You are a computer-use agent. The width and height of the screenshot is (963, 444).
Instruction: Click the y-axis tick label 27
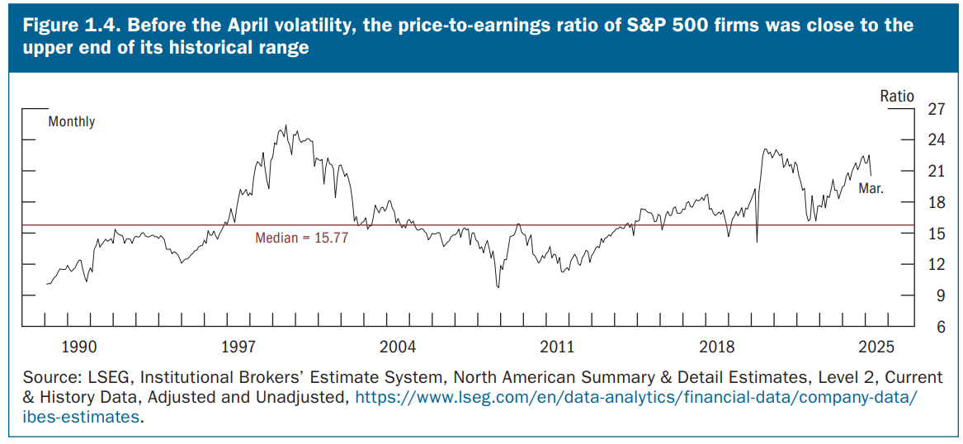click(936, 109)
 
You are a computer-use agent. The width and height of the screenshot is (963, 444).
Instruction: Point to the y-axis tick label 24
click(936, 139)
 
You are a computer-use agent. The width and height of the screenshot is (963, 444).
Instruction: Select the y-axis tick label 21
click(936, 171)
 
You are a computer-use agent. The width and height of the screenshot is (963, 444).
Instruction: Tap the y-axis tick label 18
click(936, 202)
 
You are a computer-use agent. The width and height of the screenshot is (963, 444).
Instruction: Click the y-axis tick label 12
click(936, 264)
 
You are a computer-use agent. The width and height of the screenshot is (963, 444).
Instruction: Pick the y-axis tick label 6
click(939, 327)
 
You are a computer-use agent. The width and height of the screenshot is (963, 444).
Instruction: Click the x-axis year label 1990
click(80, 345)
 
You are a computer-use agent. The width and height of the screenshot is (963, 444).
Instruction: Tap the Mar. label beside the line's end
click(871, 188)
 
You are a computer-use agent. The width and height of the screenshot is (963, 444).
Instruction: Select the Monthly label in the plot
click(72, 121)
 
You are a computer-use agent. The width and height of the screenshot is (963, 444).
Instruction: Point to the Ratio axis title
click(897, 97)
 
